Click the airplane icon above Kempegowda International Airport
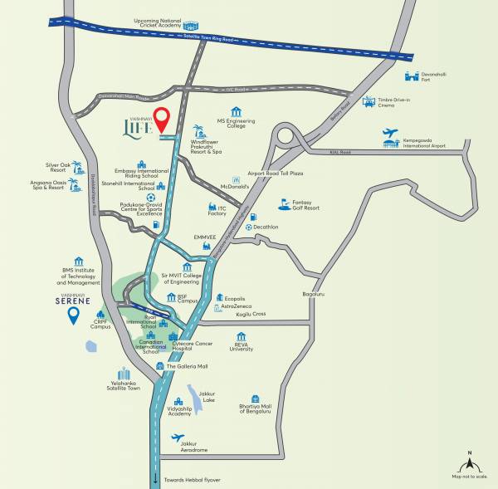click(x=390, y=132)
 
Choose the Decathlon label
click(x=265, y=226)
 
